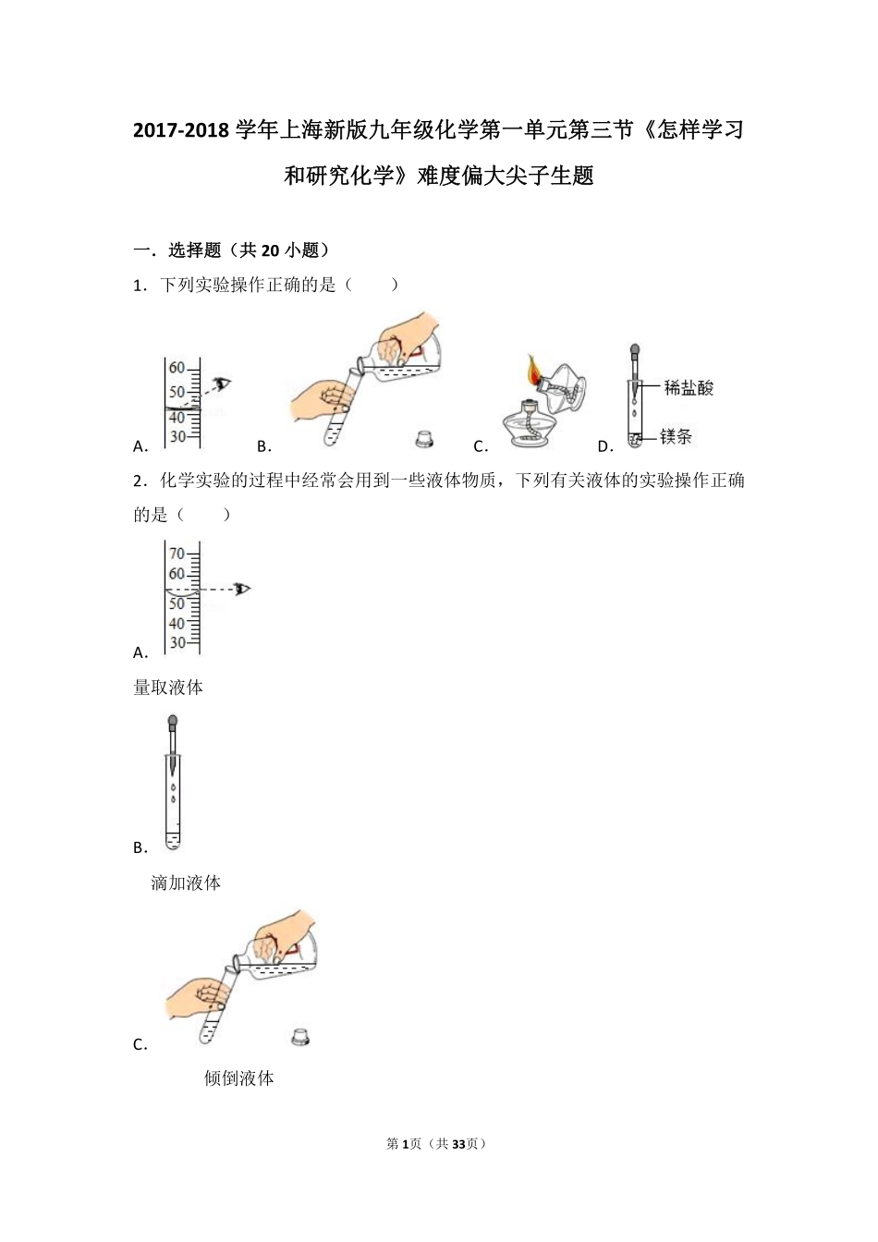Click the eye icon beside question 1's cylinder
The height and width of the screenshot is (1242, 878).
pyautogui.click(x=222, y=384)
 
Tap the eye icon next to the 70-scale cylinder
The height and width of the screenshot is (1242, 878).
pyautogui.click(x=243, y=588)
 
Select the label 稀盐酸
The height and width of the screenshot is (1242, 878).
pyautogui.click(x=689, y=388)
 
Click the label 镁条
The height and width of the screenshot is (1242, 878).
pyautogui.click(x=677, y=436)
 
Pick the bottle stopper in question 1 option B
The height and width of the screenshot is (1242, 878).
pyautogui.click(x=424, y=438)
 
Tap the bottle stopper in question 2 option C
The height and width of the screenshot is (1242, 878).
pyautogui.click(x=300, y=1037)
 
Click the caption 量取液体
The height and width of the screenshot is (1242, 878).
pyautogui.click(x=168, y=688)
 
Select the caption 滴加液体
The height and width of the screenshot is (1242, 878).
pyautogui.click(x=186, y=883)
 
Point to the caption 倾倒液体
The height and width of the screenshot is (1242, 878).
pyautogui.click(x=238, y=1078)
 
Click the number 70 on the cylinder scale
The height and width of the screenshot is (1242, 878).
pyautogui.click(x=177, y=554)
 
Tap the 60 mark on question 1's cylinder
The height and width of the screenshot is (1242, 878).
pyautogui.click(x=177, y=368)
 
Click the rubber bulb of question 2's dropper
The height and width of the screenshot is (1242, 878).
pyautogui.click(x=173, y=724)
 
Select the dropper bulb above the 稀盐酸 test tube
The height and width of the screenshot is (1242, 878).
pyautogui.click(x=635, y=351)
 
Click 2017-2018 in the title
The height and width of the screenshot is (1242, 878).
pyautogui.click(x=180, y=130)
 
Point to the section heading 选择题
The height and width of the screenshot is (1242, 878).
pyautogui.click(x=194, y=250)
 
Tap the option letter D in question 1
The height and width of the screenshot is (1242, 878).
pyautogui.click(x=604, y=447)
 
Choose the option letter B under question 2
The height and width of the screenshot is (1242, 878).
pyautogui.click(x=140, y=848)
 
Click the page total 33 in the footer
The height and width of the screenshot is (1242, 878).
pyautogui.click(x=458, y=1144)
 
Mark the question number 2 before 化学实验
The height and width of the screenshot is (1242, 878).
pyautogui.click(x=138, y=481)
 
